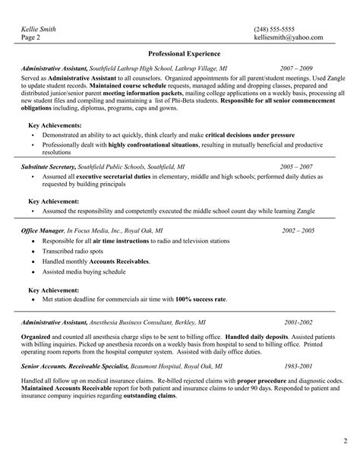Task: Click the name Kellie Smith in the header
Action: pyautogui.click(x=38, y=29)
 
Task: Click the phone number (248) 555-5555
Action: pyautogui.click(x=276, y=29)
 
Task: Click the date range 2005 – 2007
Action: pyautogui.click(x=295, y=166)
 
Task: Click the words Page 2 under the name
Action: pyautogui.click(x=30, y=37)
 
